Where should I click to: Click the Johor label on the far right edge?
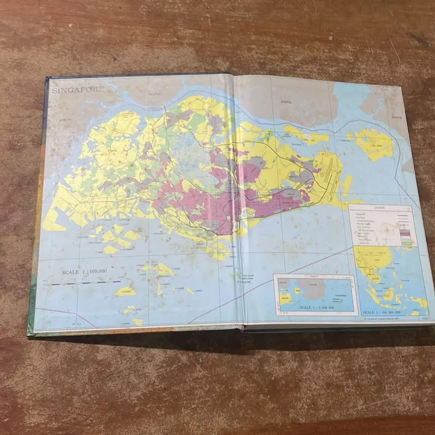397,116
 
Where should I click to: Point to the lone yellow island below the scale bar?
125,291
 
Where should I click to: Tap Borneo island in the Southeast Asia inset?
388,294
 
